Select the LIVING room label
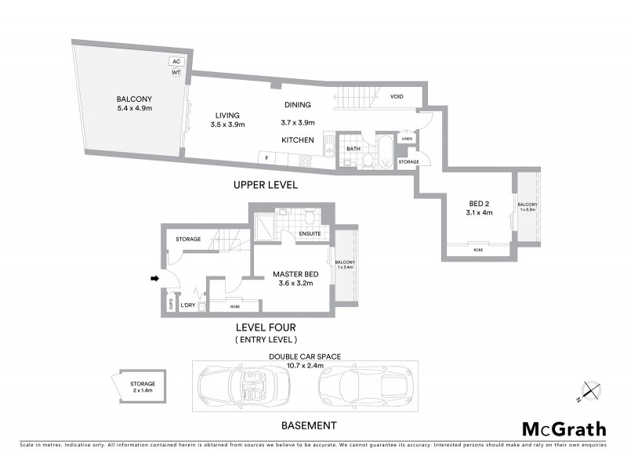(228, 114)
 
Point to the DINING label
(297, 104)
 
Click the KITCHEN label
(298, 140)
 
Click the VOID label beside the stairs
(397, 96)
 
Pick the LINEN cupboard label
(406, 139)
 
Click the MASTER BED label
(295, 274)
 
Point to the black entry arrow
(155, 277)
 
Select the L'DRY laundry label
(187, 305)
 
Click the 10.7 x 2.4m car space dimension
(304, 365)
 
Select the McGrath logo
(564, 428)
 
